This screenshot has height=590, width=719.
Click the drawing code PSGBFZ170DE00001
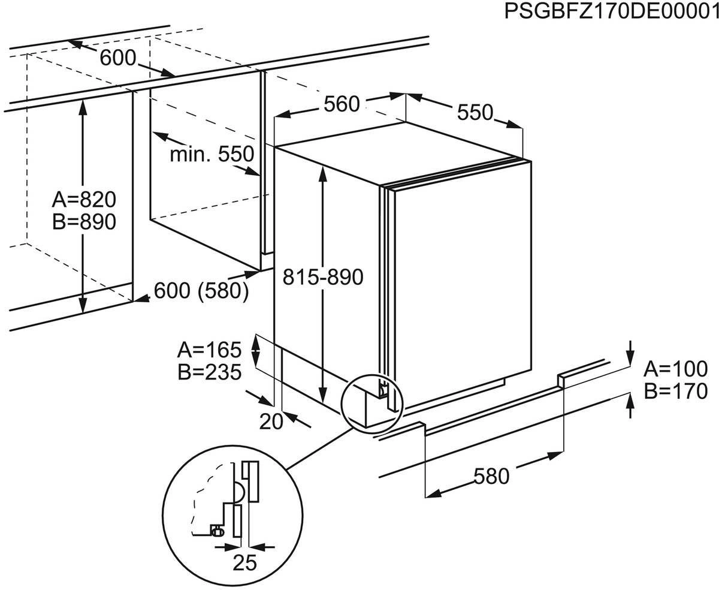click(611, 11)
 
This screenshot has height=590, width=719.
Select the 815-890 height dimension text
click(324, 278)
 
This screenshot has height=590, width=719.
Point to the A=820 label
click(83, 199)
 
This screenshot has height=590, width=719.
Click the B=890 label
click(83, 222)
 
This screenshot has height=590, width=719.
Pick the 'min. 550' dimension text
click(212, 155)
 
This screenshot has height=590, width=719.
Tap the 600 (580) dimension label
click(201, 291)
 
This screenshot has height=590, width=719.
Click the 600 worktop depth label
click(118, 58)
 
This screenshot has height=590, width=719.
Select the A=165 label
click(209, 349)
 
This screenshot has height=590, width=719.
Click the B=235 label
click(209, 372)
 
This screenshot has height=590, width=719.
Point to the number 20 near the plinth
click(271, 422)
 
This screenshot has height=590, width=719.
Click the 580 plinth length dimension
click(491, 476)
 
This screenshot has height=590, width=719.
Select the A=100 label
click(676, 369)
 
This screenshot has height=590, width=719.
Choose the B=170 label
click(676, 391)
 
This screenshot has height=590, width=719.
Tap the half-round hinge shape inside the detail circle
click(238, 491)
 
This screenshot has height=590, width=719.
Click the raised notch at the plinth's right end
click(562, 380)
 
